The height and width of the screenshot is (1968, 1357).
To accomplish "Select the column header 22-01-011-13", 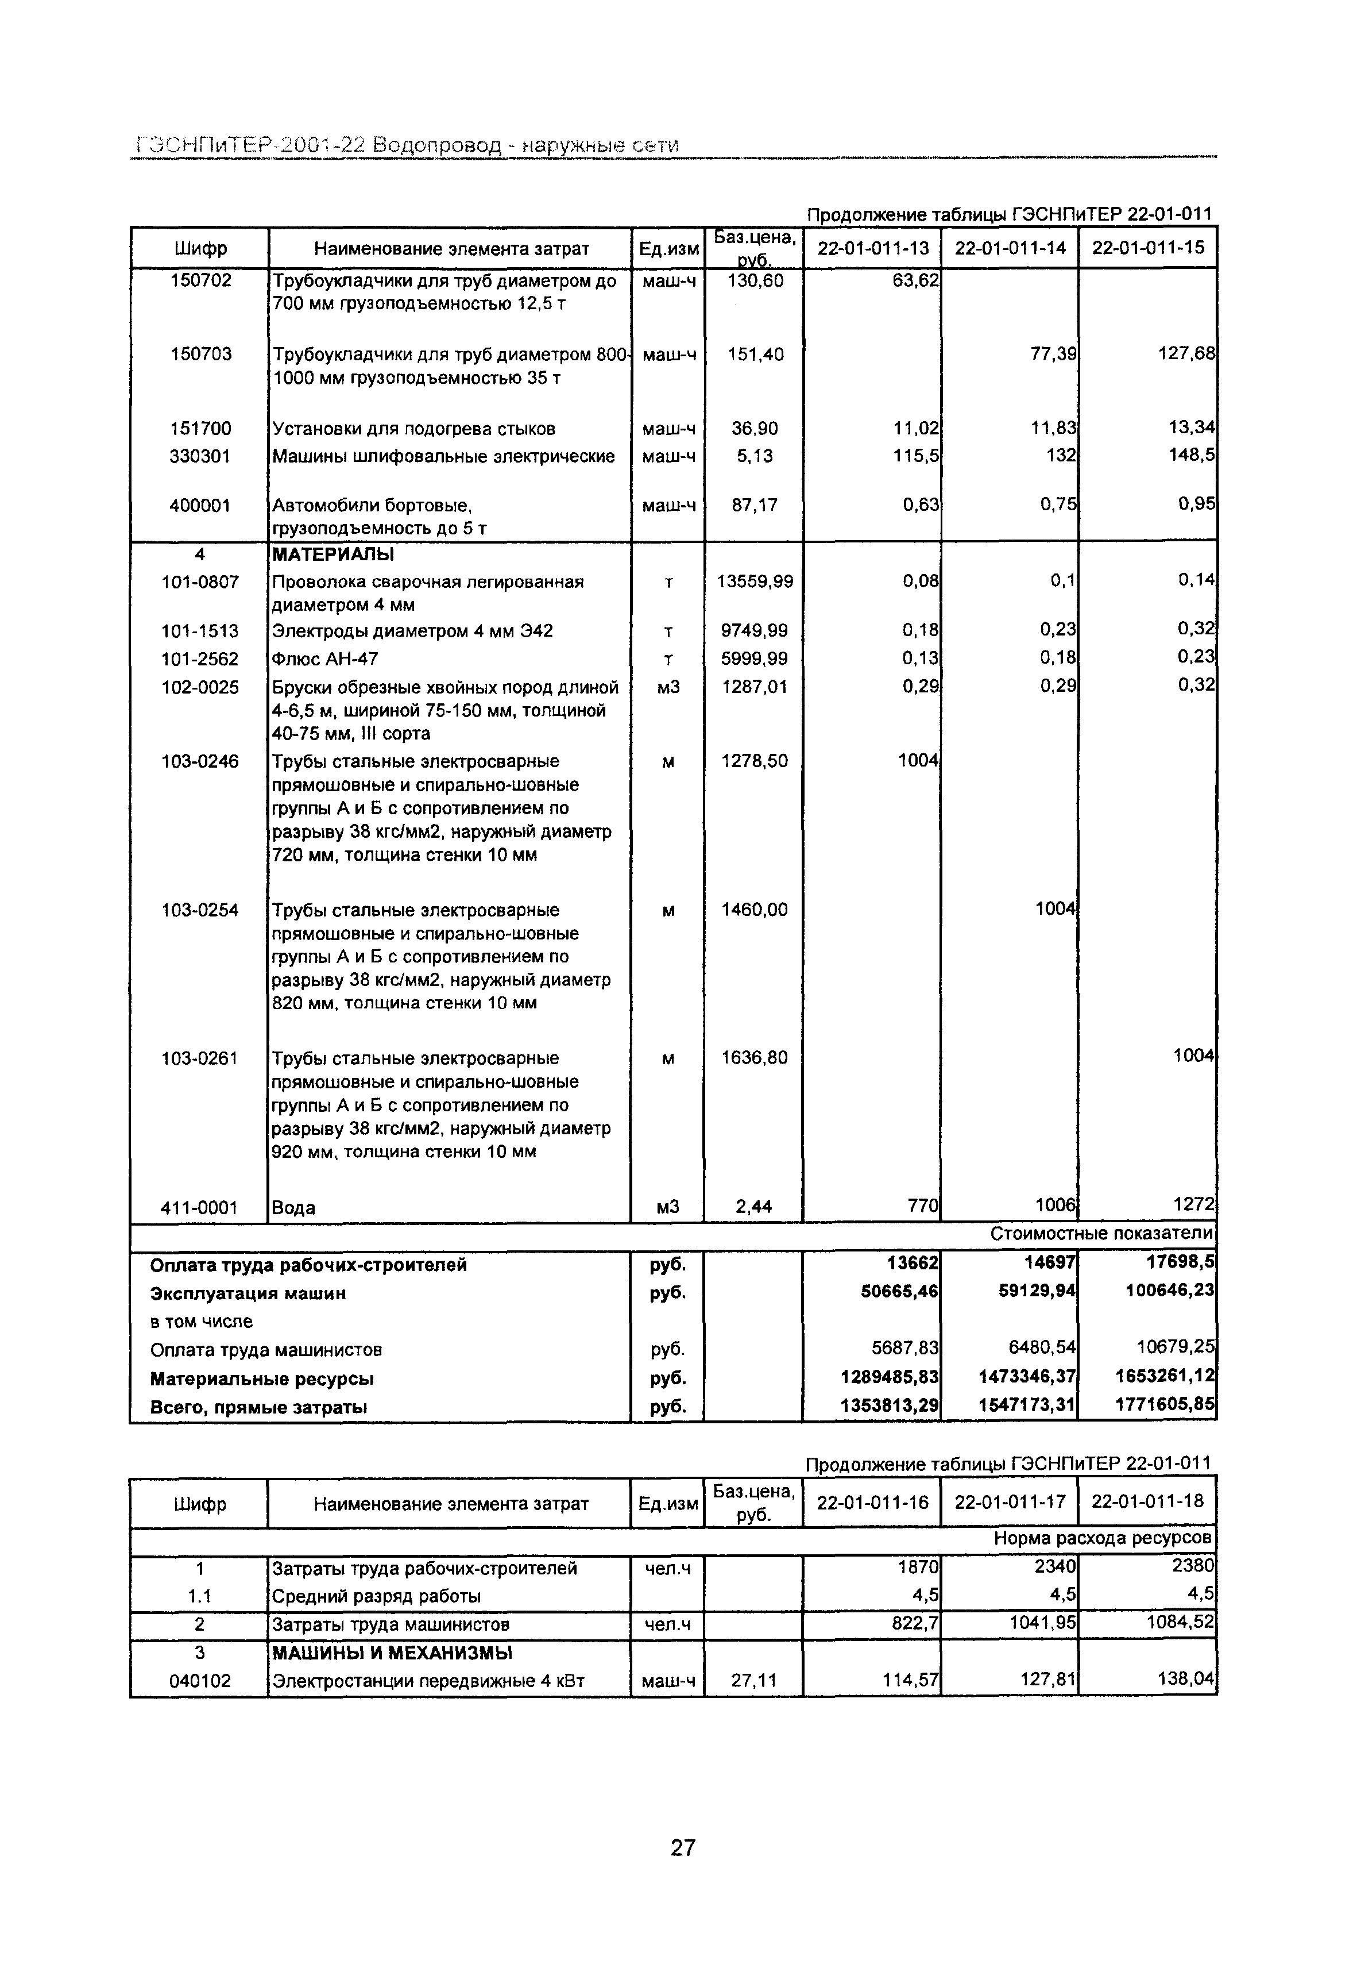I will point(873,248).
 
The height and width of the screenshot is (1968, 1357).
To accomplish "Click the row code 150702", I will point(200,280).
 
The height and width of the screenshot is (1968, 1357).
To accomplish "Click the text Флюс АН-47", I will point(325,658).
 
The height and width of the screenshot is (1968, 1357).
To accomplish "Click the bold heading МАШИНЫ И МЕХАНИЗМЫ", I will point(392,1653).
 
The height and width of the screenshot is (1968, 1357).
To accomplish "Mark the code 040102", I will point(200,1681).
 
